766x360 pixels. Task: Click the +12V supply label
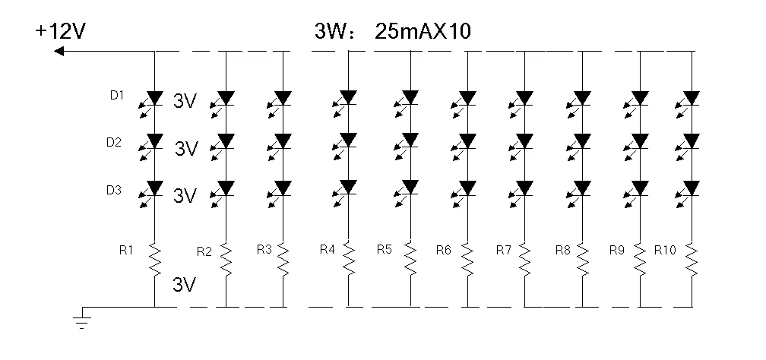point(60,31)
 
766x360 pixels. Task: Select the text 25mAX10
point(423,33)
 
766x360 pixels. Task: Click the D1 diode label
point(116,96)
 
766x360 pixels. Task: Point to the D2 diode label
point(115,142)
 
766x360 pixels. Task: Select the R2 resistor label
point(204,251)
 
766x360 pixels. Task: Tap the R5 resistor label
point(385,248)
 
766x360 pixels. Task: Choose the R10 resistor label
point(665,249)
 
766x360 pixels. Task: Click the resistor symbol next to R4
point(349,259)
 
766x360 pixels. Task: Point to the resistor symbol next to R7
point(525,259)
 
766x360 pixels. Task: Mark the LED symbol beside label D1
point(154,99)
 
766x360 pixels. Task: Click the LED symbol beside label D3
point(154,189)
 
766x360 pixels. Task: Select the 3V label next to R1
point(185,285)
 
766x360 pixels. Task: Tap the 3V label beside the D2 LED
point(186,149)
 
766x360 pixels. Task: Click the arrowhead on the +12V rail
point(59,52)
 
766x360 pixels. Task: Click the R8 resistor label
point(563,248)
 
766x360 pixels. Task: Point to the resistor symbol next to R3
point(283,259)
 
